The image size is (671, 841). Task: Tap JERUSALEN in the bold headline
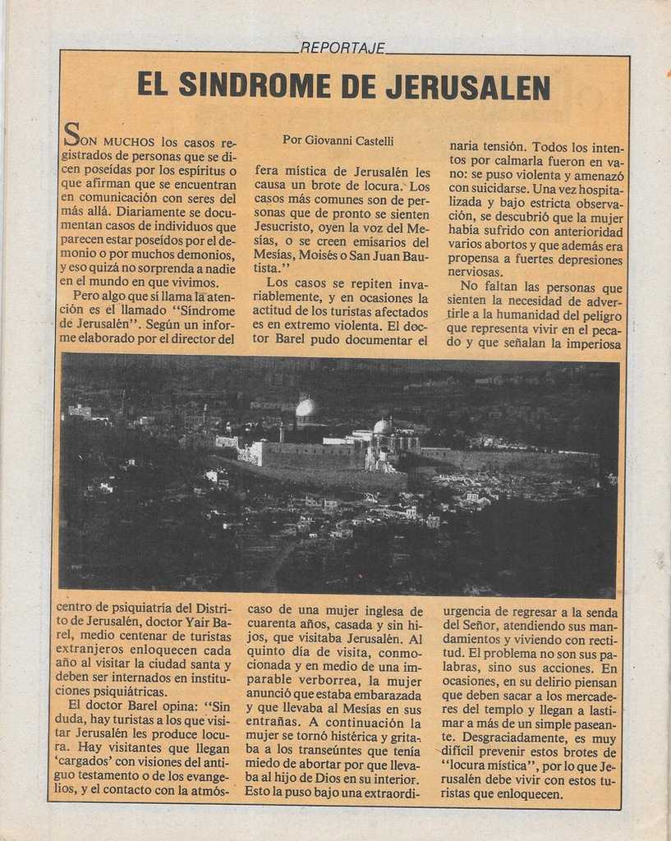pyautogui.click(x=467, y=85)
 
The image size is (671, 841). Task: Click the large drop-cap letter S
pyautogui.click(x=71, y=134)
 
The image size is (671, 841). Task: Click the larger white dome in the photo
pyautogui.click(x=306, y=408)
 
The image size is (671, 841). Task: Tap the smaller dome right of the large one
pyautogui.click(x=381, y=427)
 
